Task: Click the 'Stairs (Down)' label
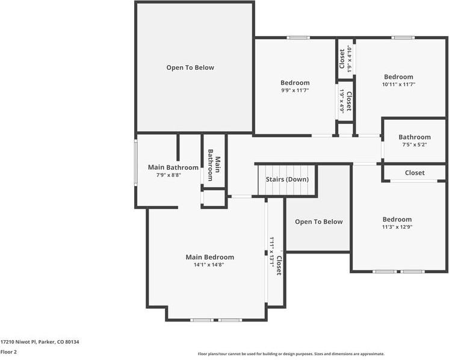pyautogui.click(x=287, y=179)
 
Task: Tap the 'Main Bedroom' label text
pyautogui.click(x=209, y=257)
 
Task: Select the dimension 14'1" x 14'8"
pyautogui.click(x=209, y=265)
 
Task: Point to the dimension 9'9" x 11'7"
pyautogui.click(x=295, y=90)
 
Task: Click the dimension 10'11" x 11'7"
pyautogui.click(x=398, y=84)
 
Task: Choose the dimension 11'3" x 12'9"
pyautogui.click(x=397, y=227)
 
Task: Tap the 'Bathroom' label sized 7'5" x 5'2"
pyautogui.click(x=414, y=137)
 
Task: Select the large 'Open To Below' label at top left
pyautogui.click(x=190, y=67)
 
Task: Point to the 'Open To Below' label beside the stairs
pyautogui.click(x=318, y=222)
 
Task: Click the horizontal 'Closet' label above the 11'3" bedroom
pyautogui.click(x=414, y=173)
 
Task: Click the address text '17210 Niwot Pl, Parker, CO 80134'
pyautogui.click(x=40, y=342)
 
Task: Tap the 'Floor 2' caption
pyautogui.click(x=8, y=352)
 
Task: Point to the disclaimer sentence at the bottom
pyautogui.click(x=291, y=354)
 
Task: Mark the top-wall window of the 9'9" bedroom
pyautogui.click(x=297, y=37)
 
